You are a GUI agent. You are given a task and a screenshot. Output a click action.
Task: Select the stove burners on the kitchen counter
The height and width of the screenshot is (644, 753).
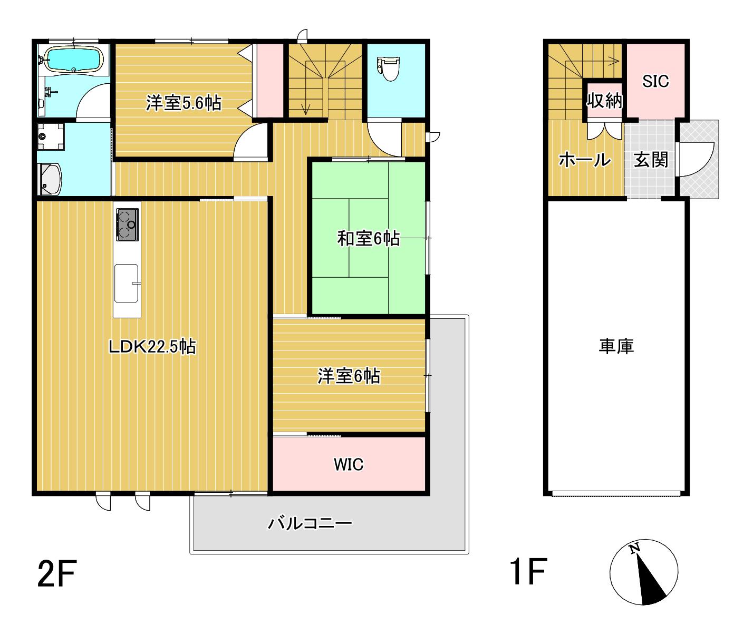click(127, 225)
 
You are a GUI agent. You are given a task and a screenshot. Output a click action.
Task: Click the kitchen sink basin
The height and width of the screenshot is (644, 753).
click(127, 283)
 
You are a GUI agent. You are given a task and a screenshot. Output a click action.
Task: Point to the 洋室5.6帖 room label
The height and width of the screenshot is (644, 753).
click(184, 103)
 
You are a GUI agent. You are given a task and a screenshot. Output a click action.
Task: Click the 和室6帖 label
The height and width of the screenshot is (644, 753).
click(369, 239)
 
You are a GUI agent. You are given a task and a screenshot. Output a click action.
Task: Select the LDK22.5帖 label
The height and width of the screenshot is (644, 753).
click(152, 347)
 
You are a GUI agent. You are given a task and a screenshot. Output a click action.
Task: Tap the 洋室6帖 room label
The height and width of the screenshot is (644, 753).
click(349, 376)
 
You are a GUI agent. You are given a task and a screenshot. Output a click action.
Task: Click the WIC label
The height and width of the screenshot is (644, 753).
click(349, 464)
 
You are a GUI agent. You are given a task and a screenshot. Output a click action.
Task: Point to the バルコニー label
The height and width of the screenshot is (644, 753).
click(310, 524)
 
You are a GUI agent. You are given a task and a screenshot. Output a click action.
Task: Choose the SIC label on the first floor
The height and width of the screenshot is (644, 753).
click(655, 81)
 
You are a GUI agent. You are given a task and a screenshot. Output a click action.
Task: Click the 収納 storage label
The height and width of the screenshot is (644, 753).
click(604, 100)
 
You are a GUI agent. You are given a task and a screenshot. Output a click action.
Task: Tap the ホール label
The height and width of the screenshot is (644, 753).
click(585, 160)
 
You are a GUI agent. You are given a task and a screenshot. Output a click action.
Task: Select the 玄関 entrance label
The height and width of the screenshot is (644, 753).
click(651, 160)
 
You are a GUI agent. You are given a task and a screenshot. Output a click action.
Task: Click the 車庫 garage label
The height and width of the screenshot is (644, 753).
click(616, 346)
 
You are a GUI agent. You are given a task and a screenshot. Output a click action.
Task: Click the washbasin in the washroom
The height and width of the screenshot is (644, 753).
click(50, 179)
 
